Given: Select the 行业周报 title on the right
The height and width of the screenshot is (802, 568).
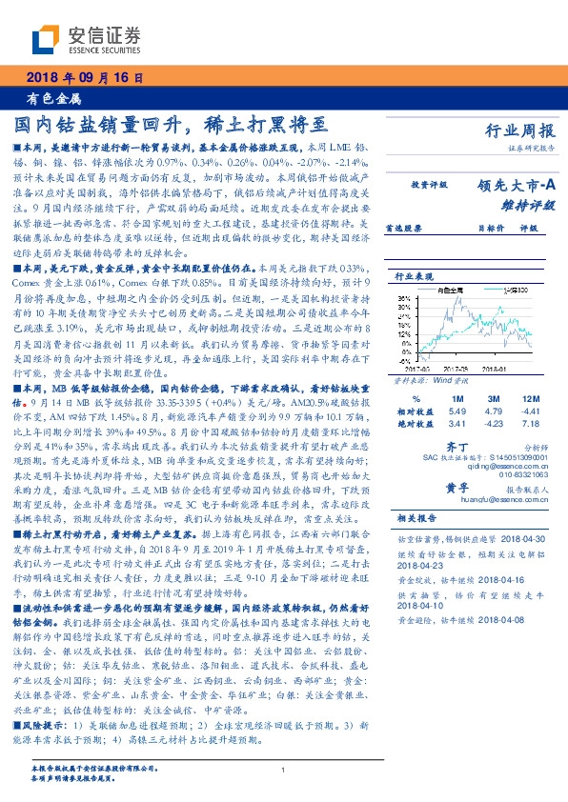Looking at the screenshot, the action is click(x=520, y=133).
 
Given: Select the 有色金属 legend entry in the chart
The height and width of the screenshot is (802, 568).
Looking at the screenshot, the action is click(x=452, y=289).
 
